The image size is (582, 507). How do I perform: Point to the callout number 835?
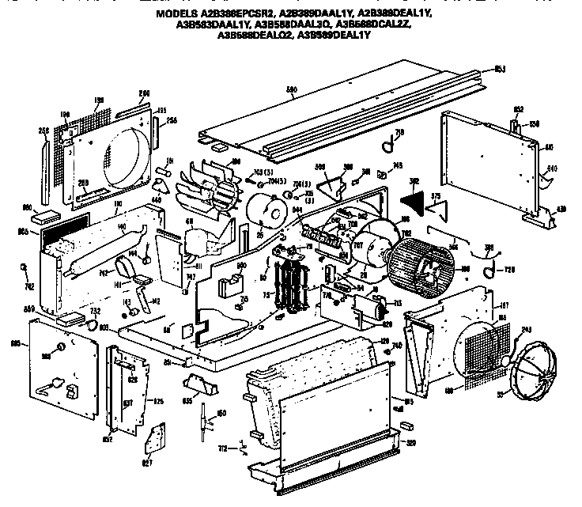187,400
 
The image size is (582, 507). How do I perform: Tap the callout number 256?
171,120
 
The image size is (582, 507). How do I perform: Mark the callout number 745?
397,165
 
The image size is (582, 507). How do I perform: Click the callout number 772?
223,448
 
